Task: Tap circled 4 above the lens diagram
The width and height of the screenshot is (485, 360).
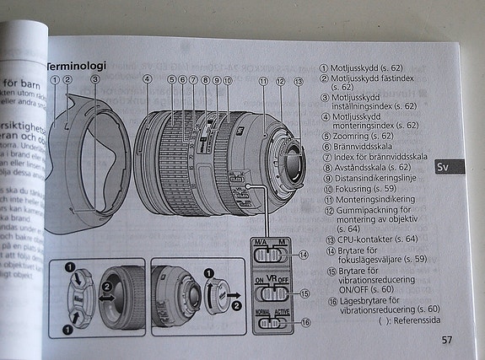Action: (x=147, y=80)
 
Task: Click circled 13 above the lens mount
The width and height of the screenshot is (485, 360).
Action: (x=298, y=82)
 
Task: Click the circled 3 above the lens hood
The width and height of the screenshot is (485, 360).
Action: (x=95, y=79)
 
